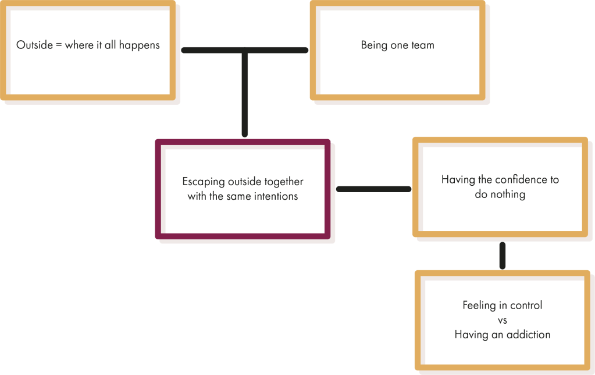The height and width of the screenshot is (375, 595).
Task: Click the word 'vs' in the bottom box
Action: (503, 320)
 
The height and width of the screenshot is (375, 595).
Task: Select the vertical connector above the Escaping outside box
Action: (245, 93)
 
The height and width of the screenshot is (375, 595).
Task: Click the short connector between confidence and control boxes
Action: (503, 254)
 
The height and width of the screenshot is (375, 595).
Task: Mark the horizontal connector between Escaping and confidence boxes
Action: (373, 189)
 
